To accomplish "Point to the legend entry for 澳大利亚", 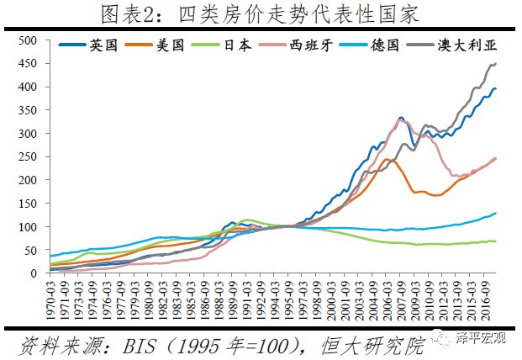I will coord(460,46).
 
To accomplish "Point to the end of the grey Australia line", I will coord(495,64).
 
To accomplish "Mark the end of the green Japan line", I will coord(495,241).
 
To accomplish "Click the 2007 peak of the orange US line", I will coord(388,159).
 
